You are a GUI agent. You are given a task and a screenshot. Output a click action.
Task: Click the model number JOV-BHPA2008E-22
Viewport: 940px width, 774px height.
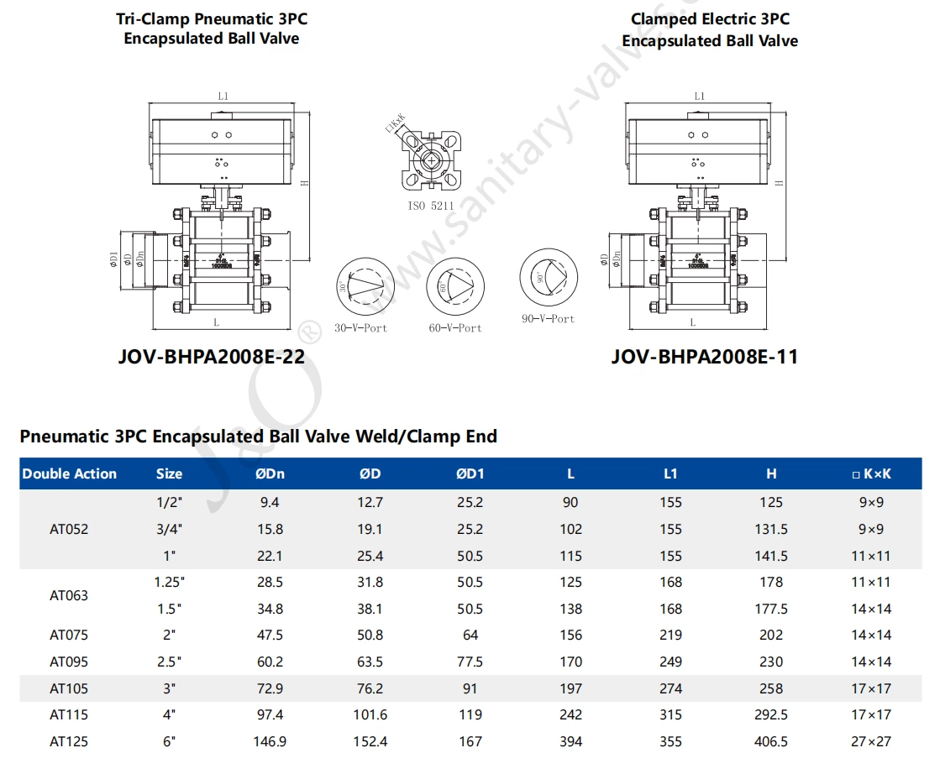212,357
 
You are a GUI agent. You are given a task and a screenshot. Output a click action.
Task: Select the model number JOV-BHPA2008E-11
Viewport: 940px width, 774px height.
704,357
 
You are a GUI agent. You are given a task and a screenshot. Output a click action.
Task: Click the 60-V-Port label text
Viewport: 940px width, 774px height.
455,328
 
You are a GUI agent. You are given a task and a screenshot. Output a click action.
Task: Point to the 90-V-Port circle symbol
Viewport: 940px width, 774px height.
548,279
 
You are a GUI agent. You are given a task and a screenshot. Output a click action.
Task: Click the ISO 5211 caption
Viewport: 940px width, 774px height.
430,205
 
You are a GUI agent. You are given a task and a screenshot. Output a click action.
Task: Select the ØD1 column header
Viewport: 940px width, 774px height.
470,473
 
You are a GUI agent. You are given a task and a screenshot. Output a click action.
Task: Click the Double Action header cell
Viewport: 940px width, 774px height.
70,473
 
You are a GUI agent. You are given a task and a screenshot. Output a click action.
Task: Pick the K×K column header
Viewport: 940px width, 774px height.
871,473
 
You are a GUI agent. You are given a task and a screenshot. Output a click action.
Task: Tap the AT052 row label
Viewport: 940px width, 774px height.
69,529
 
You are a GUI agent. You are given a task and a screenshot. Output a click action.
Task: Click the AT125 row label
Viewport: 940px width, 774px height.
69,741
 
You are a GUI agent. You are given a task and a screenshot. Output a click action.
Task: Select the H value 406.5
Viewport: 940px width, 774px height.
771,741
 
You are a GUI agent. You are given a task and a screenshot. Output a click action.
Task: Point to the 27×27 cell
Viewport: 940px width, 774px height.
871,741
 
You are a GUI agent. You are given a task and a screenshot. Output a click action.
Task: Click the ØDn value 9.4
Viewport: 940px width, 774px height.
270,502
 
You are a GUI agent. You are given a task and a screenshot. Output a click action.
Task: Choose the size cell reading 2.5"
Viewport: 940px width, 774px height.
169,662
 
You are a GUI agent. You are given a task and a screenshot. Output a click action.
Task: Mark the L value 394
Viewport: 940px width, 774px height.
570,741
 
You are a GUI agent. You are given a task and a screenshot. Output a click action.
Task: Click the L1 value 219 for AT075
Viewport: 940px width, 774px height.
670,635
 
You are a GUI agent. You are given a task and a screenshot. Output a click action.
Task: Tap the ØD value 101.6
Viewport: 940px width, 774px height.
370,714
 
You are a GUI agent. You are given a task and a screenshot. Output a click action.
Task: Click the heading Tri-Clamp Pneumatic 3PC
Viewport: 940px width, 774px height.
211,18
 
